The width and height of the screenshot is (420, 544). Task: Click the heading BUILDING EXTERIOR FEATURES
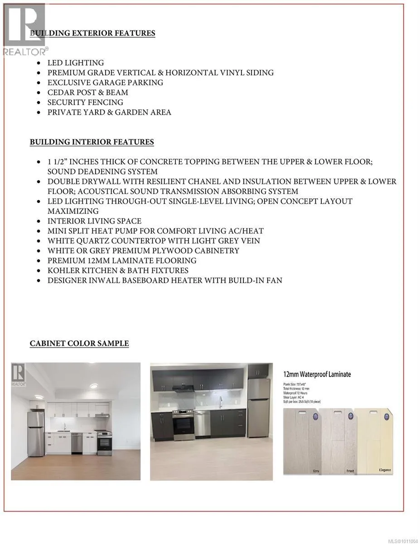tap(92, 33)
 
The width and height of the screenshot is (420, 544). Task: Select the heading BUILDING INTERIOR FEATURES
tap(92, 142)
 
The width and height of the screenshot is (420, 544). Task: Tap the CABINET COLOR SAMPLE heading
tap(79, 343)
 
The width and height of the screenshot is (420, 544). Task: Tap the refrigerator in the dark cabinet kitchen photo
tap(259, 408)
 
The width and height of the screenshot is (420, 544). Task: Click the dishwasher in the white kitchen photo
tap(77, 442)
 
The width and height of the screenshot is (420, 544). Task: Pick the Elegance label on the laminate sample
tap(384, 470)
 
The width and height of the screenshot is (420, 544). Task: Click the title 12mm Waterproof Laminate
tap(317, 374)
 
